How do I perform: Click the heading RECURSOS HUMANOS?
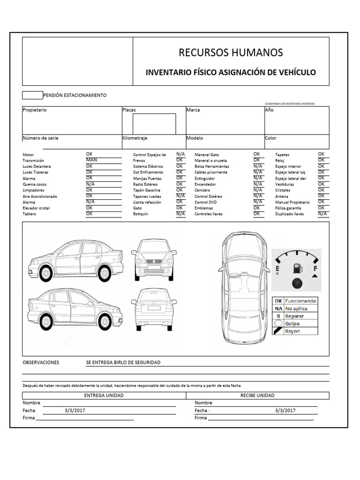[231, 52]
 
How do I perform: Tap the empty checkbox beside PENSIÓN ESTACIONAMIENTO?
[32, 95]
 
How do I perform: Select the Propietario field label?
[35, 110]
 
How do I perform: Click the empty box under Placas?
[154, 124]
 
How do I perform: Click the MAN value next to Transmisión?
[91, 160]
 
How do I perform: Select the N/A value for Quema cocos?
[90, 184]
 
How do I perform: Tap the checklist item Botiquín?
[141, 214]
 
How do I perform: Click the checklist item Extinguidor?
[205, 179]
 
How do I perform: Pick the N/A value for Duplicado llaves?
[322, 213]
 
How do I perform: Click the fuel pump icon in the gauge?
[297, 269]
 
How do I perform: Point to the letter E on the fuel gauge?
[277, 269]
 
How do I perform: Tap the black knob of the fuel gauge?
[296, 284]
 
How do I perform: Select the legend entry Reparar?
[292, 316]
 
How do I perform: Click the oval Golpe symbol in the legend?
[278, 323]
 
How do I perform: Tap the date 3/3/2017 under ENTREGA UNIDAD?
[75, 410]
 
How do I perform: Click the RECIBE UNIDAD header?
[257, 395]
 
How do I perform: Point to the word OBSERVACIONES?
[41, 362]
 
